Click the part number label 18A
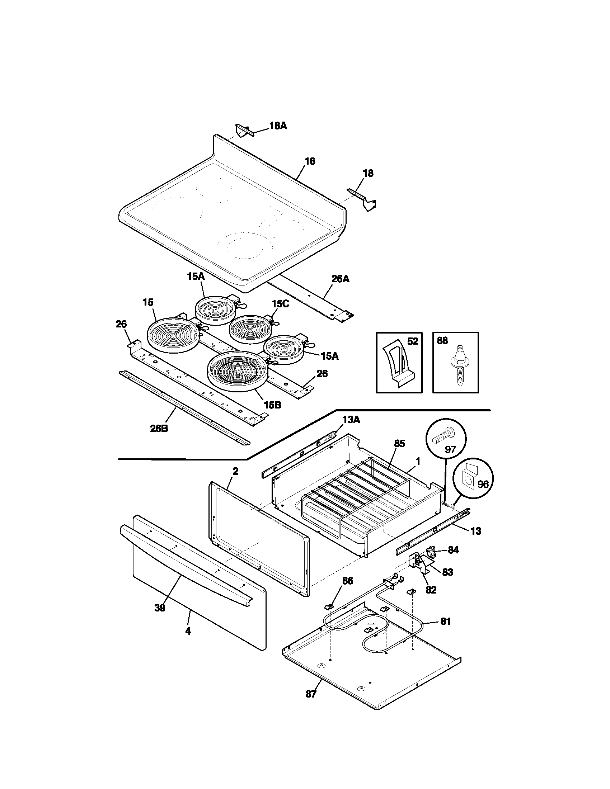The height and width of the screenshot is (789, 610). (278, 126)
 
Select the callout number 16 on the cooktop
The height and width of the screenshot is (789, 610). (310, 161)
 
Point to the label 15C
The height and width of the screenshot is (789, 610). (281, 304)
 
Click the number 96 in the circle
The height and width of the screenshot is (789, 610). (483, 484)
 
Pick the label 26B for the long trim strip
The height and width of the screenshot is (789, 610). (159, 429)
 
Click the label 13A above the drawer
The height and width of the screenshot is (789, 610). (351, 420)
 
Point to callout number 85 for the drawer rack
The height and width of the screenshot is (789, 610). (399, 444)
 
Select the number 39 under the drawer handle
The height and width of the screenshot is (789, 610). (160, 608)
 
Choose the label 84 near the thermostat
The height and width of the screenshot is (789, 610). (453, 550)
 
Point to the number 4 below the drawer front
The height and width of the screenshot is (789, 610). (188, 631)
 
